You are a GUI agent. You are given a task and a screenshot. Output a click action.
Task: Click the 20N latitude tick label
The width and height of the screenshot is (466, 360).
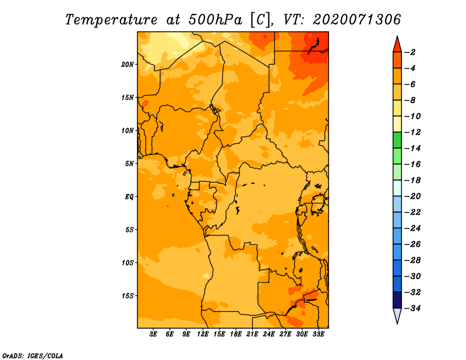(127, 65)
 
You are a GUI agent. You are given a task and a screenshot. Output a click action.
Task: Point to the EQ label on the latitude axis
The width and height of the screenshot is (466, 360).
(129, 197)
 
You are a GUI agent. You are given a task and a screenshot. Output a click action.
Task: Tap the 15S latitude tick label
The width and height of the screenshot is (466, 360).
(128, 296)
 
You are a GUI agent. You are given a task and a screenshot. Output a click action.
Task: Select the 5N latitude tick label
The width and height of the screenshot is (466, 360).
(129, 164)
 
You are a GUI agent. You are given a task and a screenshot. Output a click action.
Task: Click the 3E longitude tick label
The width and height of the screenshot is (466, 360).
(153, 334)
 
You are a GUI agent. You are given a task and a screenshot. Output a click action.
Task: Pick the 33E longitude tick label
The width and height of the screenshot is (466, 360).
(318, 334)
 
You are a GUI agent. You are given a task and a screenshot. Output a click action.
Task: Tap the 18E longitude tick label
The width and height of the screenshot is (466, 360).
(236, 334)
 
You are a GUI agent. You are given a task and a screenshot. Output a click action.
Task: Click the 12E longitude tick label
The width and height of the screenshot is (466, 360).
(203, 334)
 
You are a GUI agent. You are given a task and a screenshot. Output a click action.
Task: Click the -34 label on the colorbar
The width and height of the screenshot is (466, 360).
(412, 308)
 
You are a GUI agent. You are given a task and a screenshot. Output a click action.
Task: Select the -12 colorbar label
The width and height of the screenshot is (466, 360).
(412, 132)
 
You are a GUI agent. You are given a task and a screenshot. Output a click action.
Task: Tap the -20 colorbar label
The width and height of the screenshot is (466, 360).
(412, 196)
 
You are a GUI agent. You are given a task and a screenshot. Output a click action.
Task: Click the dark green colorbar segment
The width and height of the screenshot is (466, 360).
(397, 140)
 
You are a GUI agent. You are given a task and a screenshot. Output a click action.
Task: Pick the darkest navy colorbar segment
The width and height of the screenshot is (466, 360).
(397, 300)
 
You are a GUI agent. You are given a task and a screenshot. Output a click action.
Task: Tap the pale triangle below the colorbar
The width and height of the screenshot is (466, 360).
(397, 315)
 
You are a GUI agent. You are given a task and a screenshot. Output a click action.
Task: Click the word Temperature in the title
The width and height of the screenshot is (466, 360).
(111, 20)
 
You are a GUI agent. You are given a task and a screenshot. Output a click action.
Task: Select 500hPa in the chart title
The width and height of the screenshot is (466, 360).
(216, 20)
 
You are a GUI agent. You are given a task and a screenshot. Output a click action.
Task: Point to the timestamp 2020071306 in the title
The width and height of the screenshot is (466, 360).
(356, 20)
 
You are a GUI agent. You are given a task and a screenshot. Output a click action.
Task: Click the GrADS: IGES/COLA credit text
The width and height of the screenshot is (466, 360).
(33, 356)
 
